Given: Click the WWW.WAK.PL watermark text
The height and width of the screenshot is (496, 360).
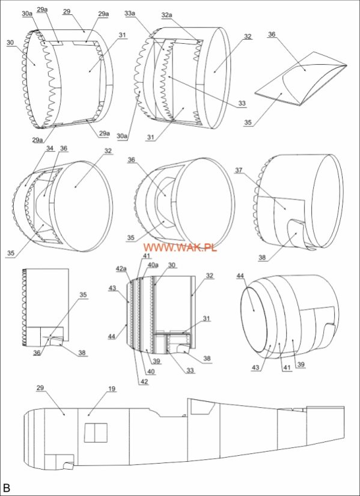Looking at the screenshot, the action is point(180,247).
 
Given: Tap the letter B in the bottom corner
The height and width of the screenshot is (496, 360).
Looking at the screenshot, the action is point(7,488).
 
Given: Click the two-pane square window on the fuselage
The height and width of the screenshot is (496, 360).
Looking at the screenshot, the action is point(96,433).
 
